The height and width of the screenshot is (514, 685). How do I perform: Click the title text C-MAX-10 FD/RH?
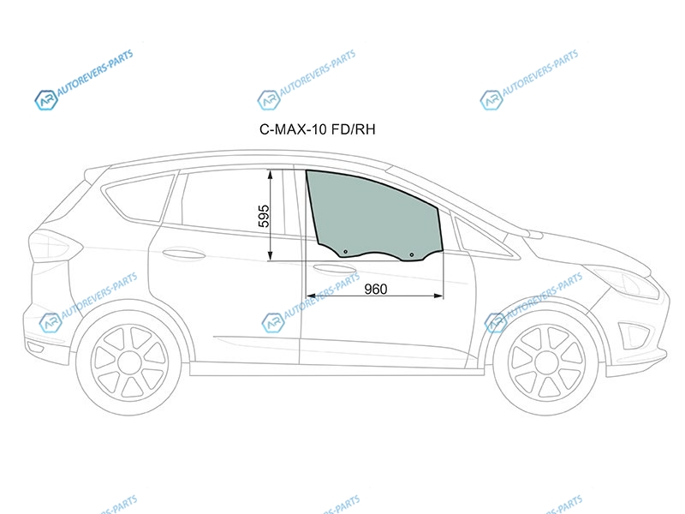318,129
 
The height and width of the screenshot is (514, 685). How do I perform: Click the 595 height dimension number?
264,216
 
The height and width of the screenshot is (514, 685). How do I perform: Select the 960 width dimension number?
376,289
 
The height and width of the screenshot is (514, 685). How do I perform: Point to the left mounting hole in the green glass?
346,252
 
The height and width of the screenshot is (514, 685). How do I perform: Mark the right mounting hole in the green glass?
412,254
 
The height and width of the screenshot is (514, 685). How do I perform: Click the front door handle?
334,270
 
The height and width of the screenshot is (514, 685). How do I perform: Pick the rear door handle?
183,254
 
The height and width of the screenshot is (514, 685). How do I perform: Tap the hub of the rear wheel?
130,362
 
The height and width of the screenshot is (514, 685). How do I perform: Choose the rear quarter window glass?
139,198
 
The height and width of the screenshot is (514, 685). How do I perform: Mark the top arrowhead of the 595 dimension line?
271,175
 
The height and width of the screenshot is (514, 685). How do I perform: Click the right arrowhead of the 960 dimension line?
438,296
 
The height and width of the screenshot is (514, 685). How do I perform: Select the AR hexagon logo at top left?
46,100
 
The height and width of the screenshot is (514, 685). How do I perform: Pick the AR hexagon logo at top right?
491,100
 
